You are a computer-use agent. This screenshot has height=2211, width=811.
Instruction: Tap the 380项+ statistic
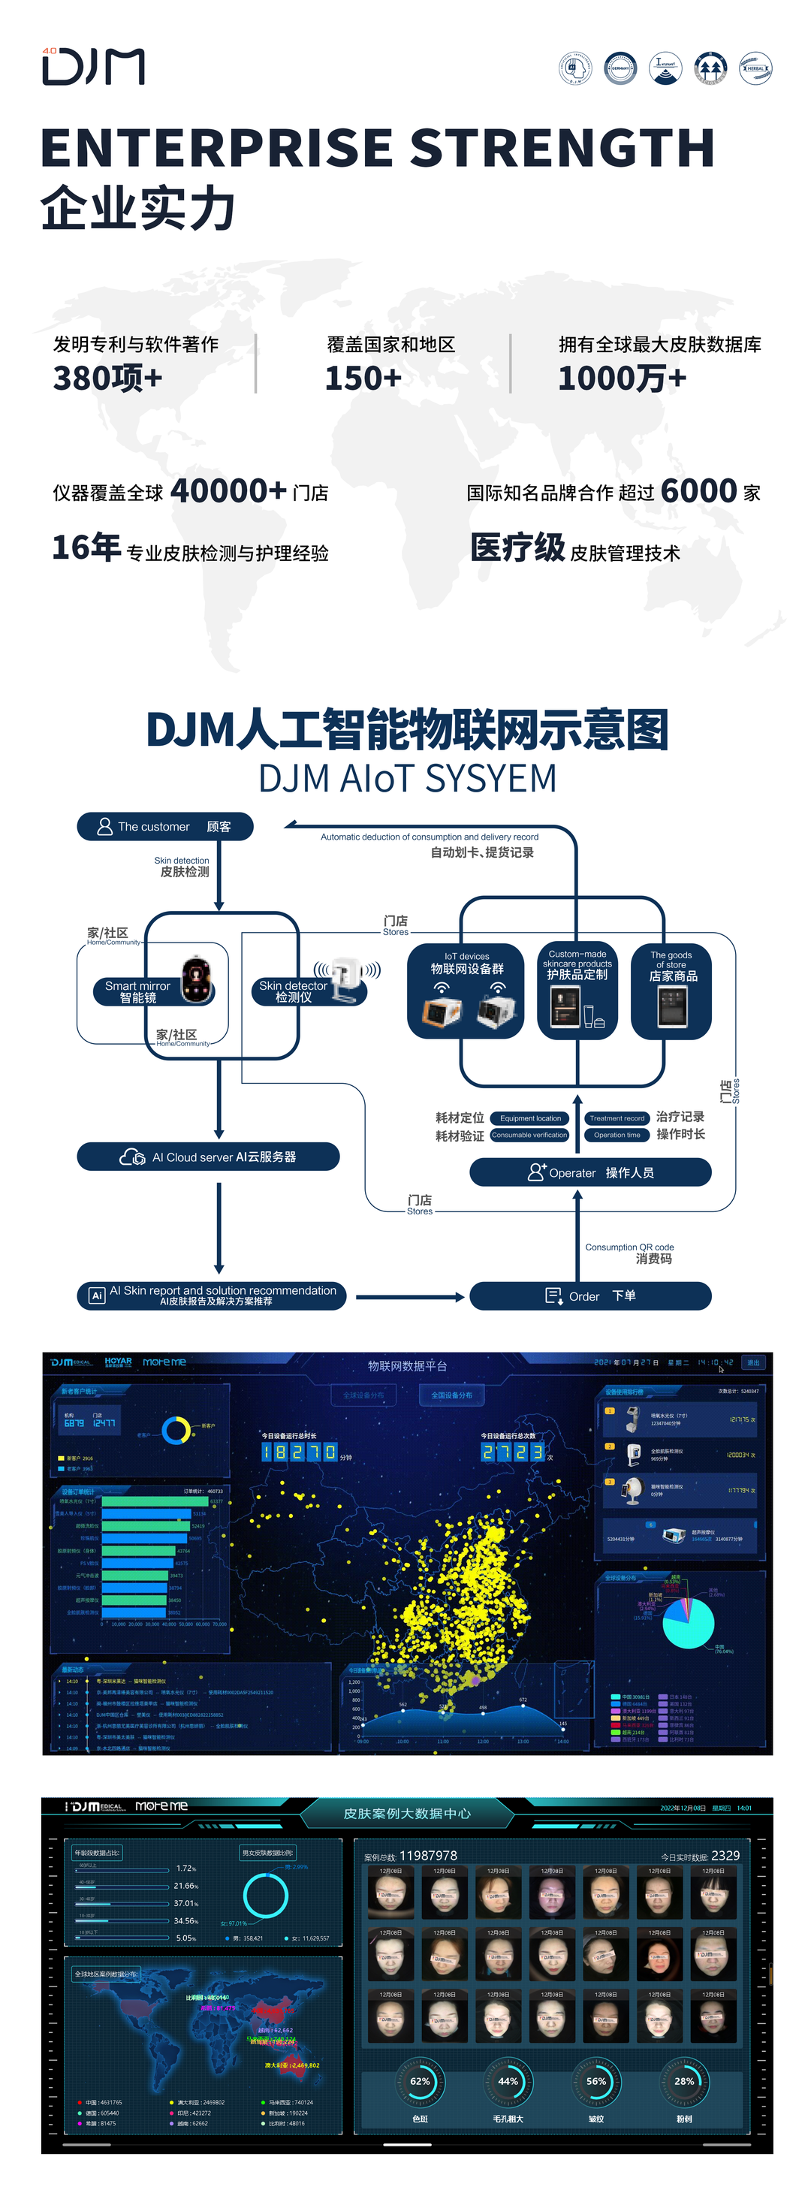pyautogui.click(x=107, y=378)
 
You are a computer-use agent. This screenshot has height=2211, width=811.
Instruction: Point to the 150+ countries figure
pyautogui.click(x=363, y=378)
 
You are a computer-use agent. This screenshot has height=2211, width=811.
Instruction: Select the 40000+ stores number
pyautogui.click(x=228, y=491)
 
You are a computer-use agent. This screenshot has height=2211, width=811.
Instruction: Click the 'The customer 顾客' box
pyautogui.click(x=164, y=827)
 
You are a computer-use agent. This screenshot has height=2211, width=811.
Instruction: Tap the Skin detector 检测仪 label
pyautogui.click(x=294, y=991)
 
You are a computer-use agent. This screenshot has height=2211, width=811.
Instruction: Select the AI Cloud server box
pyautogui.click(x=209, y=1156)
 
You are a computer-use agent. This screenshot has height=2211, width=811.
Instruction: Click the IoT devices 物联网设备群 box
pyautogui.click(x=466, y=991)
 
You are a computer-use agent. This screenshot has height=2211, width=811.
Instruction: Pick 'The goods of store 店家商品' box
pyautogui.click(x=671, y=991)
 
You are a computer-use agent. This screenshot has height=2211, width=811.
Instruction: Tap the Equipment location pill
pyautogui.click(x=530, y=1118)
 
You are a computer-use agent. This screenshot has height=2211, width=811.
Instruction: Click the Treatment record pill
pyautogui.click(x=617, y=1118)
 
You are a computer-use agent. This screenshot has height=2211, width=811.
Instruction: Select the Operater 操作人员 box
pyautogui.click(x=590, y=1172)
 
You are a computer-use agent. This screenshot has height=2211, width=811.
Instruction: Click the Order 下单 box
pyautogui.click(x=590, y=1296)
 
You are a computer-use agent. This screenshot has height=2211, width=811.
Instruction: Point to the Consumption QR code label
pyautogui.click(x=630, y=1247)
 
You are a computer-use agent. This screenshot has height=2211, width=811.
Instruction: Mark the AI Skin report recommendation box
pyautogui.click(x=212, y=1296)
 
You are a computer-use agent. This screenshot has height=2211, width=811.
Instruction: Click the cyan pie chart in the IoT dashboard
pyautogui.click(x=689, y=1622)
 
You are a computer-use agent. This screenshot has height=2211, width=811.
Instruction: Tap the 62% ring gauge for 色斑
pyautogui.click(x=420, y=2080)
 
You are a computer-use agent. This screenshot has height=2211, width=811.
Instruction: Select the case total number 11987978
pyautogui.click(x=428, y=1856)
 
